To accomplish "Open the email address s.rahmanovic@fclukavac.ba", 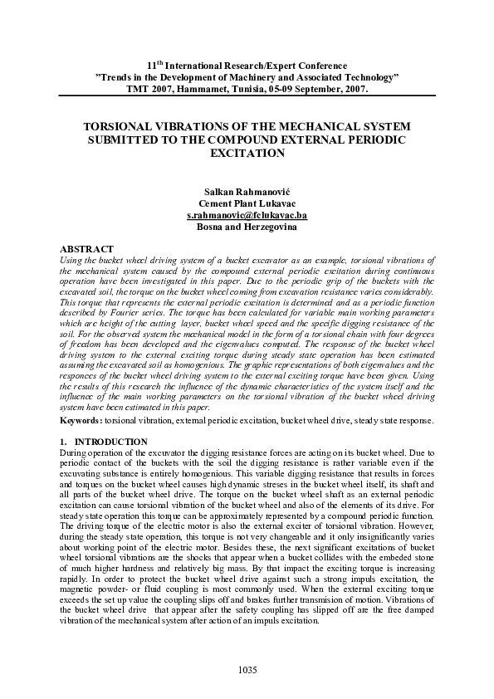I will [247, 214].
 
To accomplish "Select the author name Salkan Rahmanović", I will [247, 191].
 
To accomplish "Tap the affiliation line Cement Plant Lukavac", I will [247, 203].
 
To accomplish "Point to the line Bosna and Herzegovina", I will [247, 226].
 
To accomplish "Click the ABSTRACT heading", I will [88, 249].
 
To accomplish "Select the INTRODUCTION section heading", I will [110, 442].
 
